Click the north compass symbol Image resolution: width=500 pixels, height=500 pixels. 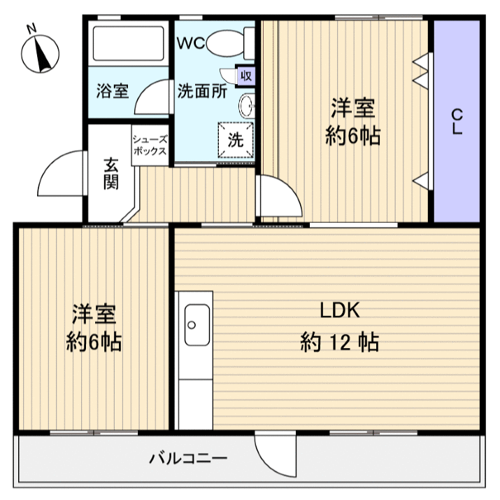41,52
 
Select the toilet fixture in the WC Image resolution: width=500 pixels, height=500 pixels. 227,42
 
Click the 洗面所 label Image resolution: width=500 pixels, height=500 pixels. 201,90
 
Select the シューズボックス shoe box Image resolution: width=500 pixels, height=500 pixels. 150,145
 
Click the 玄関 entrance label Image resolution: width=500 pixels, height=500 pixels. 111,174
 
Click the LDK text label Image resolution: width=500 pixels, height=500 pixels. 340,310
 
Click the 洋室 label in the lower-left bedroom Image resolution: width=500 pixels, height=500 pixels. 94,312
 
